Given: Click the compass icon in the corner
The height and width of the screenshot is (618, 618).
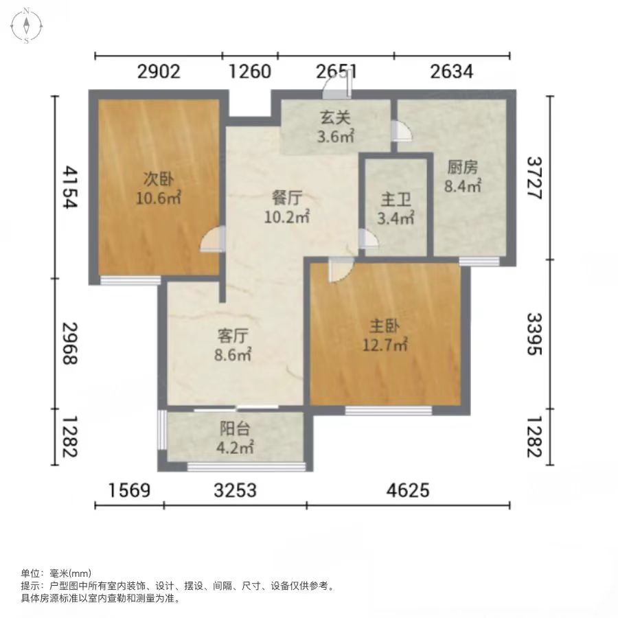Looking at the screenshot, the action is click(x=26, y=25).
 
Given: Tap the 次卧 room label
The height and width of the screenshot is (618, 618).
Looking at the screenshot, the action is click(x=158, y=179).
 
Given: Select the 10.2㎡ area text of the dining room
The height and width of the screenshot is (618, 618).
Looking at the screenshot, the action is click(x=286, y=216).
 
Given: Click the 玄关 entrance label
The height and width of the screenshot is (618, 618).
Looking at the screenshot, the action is click(x=335, y=117).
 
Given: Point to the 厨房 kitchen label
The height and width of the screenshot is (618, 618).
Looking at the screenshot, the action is click(x=462, y=167).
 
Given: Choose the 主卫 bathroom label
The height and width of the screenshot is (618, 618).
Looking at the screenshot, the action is click(x=396, y=199).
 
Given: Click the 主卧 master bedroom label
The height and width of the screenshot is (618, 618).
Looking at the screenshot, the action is click(x=385, y=326).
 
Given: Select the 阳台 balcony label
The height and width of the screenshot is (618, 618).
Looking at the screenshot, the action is click(x=235, y=428).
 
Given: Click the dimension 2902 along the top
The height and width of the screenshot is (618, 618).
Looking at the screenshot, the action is click(x=159, y=71).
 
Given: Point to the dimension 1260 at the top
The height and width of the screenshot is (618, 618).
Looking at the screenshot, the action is click(x=250, y=71).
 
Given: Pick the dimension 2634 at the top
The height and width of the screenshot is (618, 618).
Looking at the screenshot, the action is click(x=452, y=71).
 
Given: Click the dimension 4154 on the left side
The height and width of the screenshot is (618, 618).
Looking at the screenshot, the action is click(x=71, y=187).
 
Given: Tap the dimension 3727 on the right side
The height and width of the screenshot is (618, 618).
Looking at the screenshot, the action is click(x=535, y=178).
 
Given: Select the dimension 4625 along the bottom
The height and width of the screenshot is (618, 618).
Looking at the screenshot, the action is click(x=408, y=491).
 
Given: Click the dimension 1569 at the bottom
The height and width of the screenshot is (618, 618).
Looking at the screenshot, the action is click(x=129, y=491).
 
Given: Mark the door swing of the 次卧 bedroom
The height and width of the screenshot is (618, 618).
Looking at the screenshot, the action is click(x=212, y=239).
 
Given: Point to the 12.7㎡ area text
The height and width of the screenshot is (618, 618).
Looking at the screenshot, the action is click(x=385, y=345).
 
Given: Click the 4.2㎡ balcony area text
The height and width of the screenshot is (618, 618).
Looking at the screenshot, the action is click(x=235, y=447).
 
